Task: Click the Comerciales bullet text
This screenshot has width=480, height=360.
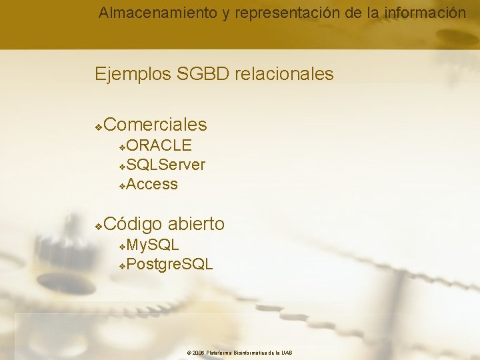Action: pos(155,125)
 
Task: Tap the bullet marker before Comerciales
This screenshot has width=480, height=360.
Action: pos(98,126)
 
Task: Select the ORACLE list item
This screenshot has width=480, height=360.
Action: pos(159,145)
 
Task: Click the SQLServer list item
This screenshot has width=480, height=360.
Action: pos(165,165)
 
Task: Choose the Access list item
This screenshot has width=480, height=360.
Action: pos(152,184)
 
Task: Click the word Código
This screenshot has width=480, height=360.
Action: pos(133,224)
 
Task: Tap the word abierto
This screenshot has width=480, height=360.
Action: pos(196,224)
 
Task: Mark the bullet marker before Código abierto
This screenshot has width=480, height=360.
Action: pos(98,225)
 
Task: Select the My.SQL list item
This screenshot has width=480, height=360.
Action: pos(153,245)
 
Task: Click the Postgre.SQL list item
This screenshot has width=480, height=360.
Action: pos(169,264)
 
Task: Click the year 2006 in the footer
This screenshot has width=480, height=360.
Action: pos(198,353)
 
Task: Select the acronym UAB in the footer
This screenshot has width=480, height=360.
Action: pos(287,353)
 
